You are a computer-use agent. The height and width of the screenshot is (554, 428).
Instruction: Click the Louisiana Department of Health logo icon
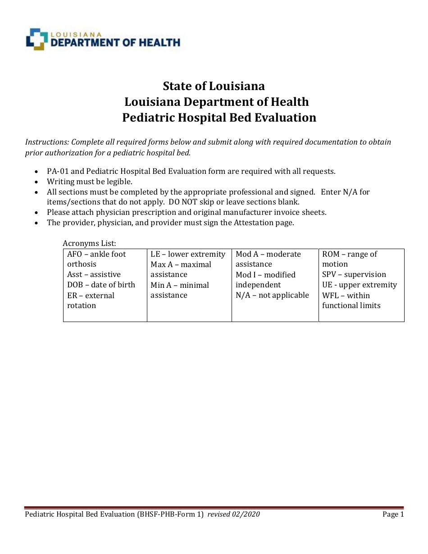(x=36, y=39)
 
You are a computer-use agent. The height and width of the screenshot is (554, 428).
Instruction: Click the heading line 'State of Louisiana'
(x=214, y=86)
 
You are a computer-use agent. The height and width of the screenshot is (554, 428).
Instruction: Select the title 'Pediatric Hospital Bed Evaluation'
(x=219, y=118)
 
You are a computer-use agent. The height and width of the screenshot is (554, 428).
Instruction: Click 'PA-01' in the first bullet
(x=56, y=171)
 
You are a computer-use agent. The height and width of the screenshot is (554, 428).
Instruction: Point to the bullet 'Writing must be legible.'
(x=90, y=182)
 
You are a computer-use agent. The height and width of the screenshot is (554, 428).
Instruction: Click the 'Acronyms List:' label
(x=89, y=243)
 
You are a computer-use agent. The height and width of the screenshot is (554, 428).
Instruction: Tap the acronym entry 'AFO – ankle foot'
(x=96, y=254)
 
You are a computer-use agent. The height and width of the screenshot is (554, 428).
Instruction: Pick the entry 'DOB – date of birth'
(x=101, y=285)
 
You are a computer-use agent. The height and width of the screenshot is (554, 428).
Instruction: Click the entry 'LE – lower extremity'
(x=188, y=254)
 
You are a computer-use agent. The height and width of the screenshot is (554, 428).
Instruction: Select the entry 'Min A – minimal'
(x=180, y=285)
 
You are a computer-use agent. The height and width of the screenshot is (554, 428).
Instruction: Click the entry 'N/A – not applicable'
(x=272, y=295)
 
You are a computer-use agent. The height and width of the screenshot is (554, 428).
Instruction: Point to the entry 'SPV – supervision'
(x=354, y=274)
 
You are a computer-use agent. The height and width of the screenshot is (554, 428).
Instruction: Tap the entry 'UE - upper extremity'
(x=360, y=285)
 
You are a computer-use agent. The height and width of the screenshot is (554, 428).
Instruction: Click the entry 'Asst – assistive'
(x=94, y=274)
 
